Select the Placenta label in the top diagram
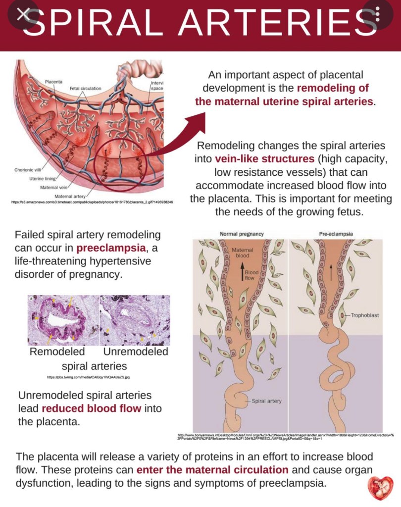click(x=54, y=81)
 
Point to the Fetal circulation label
click(x=85, y=88)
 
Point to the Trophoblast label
click(x=367, y=315)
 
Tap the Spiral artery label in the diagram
click(x=267, y=401)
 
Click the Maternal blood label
click(x=242, y=253)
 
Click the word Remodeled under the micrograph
click(x=57, y=352)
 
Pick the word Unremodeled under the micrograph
click(x=135, y=352)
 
